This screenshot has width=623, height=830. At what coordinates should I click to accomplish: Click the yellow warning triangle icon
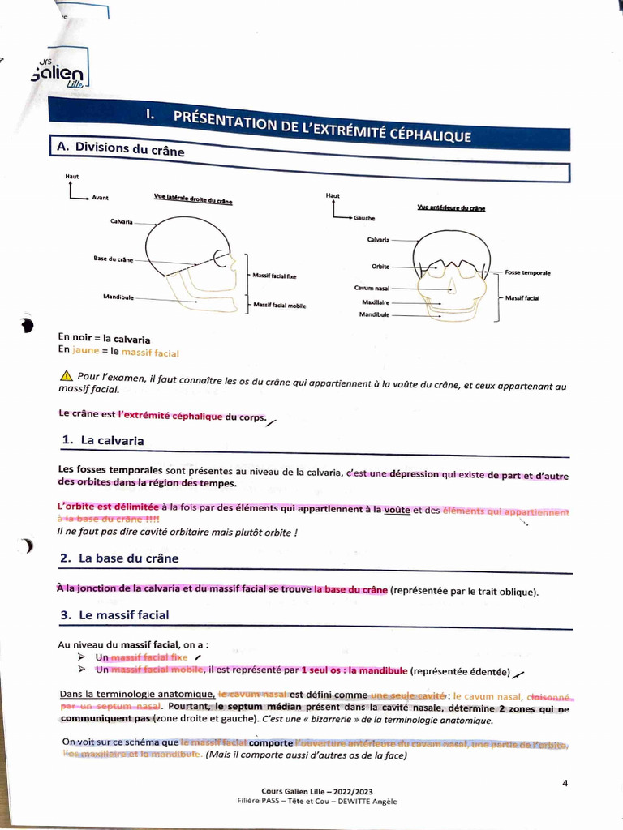67,376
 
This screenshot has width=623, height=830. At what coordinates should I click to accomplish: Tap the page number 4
565,782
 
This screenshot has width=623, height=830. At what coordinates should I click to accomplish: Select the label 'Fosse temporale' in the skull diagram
527,273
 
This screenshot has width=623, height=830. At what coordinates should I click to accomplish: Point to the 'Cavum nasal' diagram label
372,288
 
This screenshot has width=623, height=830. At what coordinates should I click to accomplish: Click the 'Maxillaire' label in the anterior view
376,302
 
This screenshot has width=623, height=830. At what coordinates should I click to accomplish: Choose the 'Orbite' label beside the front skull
380,266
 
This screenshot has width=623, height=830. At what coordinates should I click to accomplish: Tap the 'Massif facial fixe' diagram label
274,276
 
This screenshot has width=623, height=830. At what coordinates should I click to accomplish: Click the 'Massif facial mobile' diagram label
280,306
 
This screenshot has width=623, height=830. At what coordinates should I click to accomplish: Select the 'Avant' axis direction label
101,197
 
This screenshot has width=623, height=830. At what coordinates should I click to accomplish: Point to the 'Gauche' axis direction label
364,218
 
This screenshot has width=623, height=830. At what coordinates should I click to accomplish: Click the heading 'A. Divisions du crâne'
120,148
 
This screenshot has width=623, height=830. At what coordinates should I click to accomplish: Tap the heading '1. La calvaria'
103,440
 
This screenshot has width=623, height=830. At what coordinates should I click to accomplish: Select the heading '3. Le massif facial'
115,615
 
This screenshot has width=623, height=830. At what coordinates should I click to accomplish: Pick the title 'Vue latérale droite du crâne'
193,199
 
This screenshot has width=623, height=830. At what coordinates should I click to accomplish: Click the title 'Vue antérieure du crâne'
451,208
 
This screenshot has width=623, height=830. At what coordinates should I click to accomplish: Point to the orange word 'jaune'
85,350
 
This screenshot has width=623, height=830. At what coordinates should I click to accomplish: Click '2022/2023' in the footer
350,791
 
